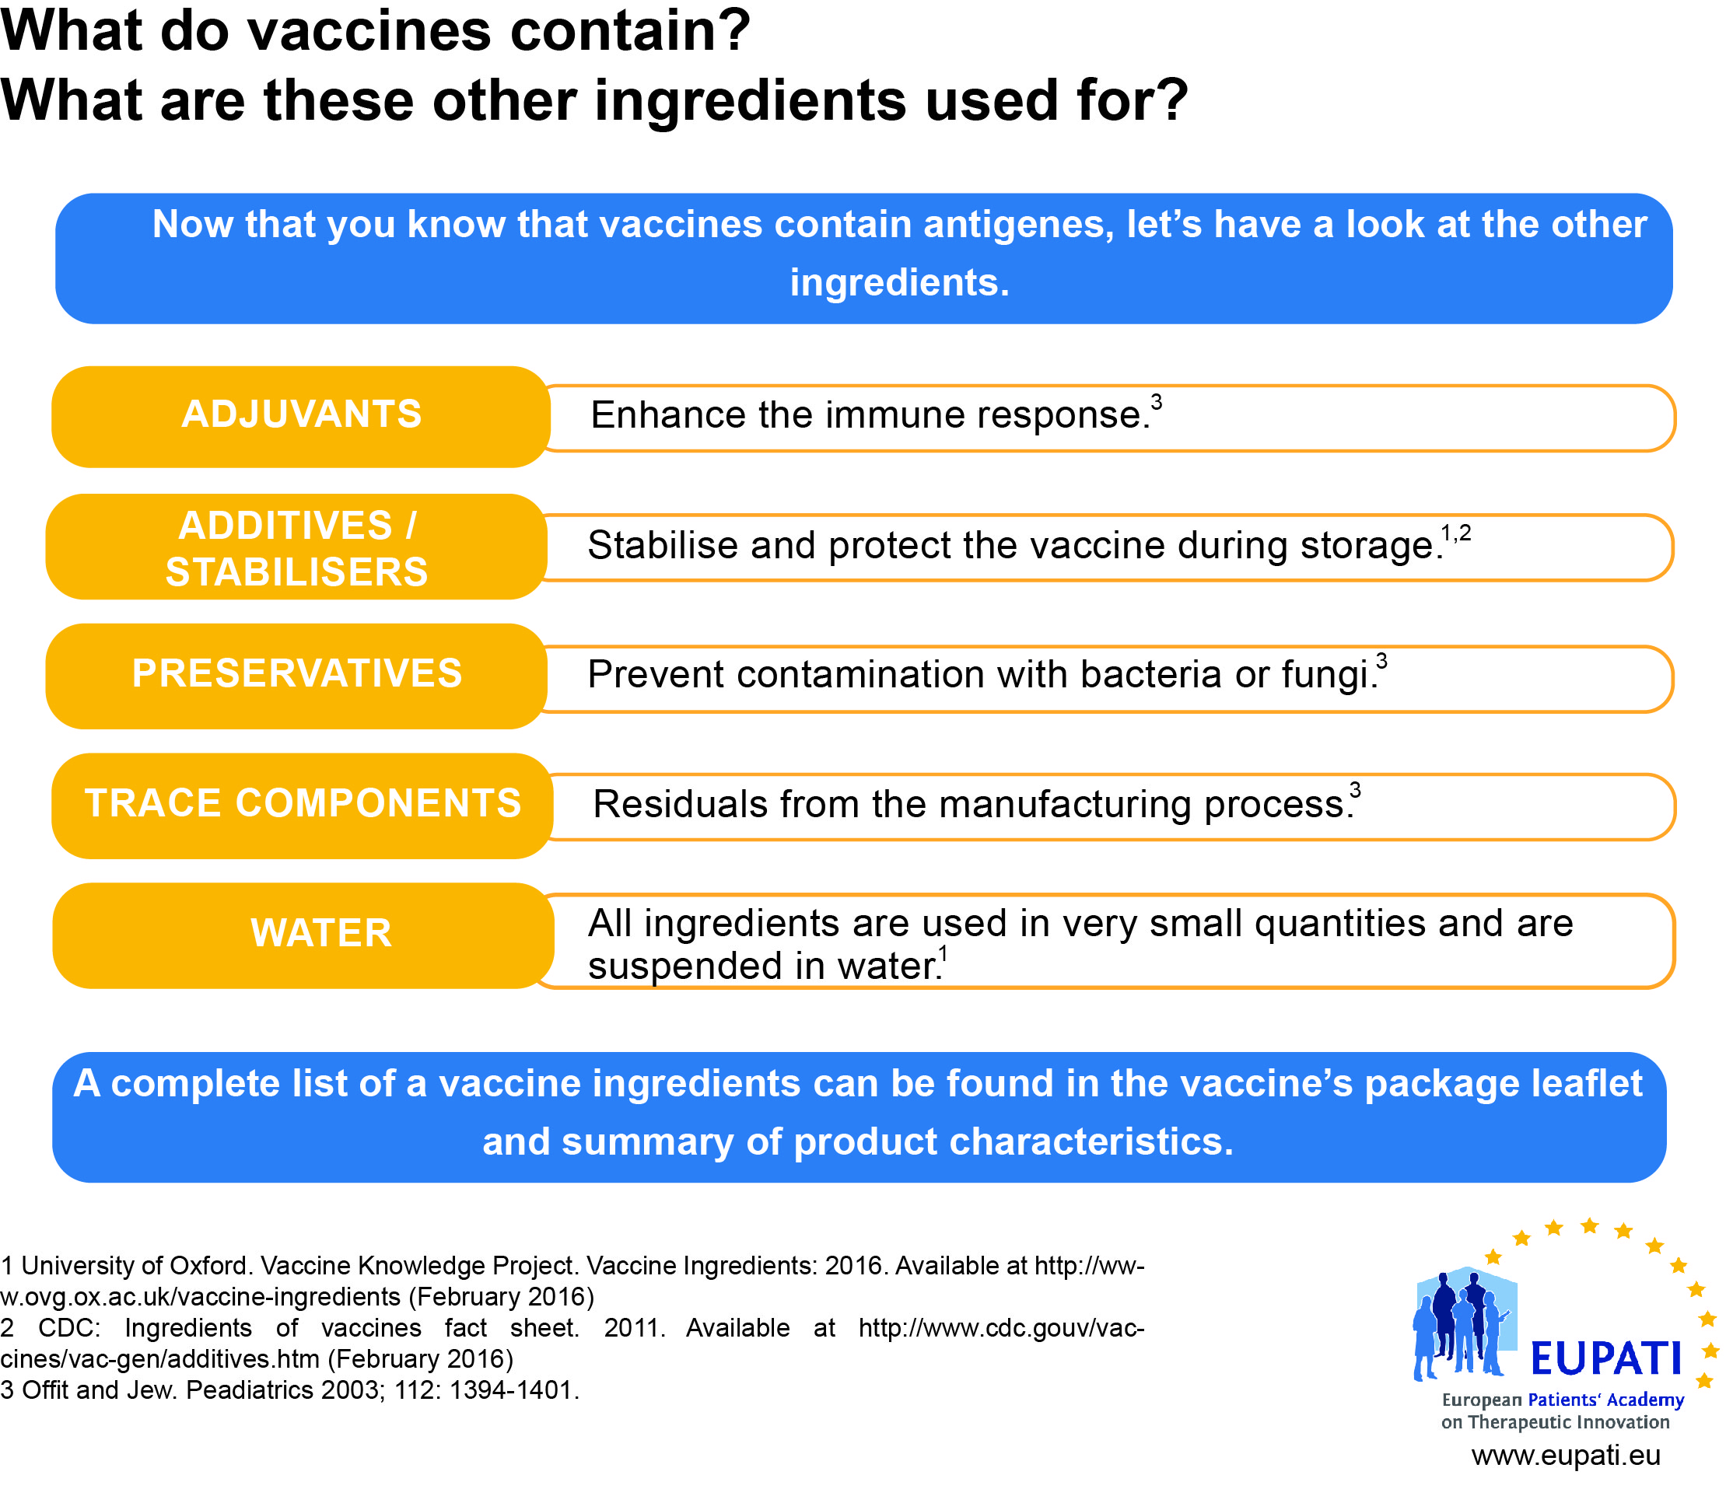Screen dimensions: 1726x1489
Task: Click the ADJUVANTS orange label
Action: click(301, 417)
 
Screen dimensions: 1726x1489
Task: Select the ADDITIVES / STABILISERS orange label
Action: click(296, 547)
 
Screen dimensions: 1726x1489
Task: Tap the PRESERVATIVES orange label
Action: click(296, 676)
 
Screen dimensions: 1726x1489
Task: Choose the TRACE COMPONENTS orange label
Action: click(303, 806)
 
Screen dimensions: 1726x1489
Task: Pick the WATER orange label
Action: click(303, 936)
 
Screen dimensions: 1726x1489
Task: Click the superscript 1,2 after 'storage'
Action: click(1456, 533)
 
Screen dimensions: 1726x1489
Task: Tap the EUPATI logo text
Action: click(1606, 1359)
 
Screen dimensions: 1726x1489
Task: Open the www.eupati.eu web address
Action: click(1566, 1456)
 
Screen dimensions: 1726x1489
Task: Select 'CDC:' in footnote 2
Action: click(69, 1327)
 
